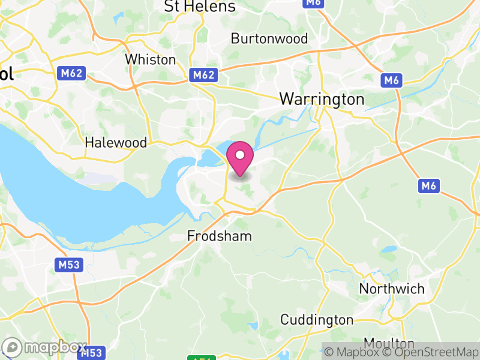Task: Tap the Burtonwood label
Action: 269,39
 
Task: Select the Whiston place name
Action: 150,60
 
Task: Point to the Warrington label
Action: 322,99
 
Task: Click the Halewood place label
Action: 116,143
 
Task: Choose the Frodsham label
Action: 220,236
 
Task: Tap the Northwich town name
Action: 392,289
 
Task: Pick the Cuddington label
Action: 317,319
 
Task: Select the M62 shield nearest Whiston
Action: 72,74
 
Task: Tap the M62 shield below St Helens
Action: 203,75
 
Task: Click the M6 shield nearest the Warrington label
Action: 391,80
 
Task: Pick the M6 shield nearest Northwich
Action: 428,187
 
